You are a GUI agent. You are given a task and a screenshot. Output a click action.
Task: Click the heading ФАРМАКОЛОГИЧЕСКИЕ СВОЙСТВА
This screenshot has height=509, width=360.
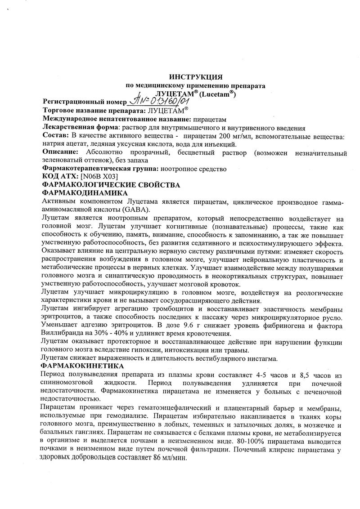click(x=111, y=185)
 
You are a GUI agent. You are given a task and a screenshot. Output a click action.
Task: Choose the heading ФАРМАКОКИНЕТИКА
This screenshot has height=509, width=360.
click(x=83, y=366)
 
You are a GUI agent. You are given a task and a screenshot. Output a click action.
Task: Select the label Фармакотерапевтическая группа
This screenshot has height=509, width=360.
click(x=99, y=169)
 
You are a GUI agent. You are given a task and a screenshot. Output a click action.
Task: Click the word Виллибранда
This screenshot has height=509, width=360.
click(x=58, y=333)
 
